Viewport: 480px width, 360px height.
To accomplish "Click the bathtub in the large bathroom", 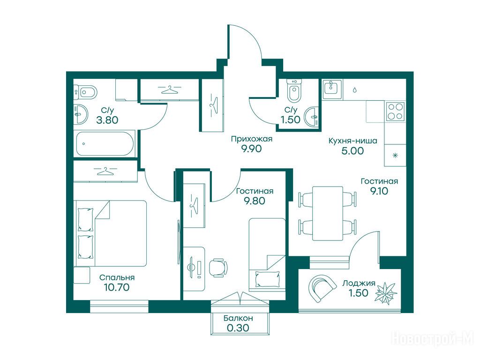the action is pyautogui.click(x=105, y=143).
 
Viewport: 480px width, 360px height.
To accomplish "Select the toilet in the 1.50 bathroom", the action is pyautogui.click(x=294, y=90).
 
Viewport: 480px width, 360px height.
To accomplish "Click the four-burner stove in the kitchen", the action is pyautogui.click(x=395, y=112).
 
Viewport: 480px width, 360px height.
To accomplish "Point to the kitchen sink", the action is pyautogui.click(x=332, y=89).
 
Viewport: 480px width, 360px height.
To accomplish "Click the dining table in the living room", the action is pyautogui.click(x=328, y=213).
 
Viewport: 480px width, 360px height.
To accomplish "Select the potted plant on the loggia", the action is pyautogui.click(x=386, y=293).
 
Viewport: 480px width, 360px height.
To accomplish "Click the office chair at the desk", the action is pyautogui.click(x=218, y=268).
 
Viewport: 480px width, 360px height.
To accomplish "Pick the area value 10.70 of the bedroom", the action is pyautogui.click(x=117, y=287).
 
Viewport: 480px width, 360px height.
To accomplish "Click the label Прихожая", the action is pyautogui.click(x=251, y=139).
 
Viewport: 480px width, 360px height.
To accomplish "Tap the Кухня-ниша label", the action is pyautogui.click(x=352, y=141).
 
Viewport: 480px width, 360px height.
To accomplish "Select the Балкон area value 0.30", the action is pyautogui.click(x=238, y=328).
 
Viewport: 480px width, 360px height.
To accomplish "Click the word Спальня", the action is pyautogui.click(x=117, y=277).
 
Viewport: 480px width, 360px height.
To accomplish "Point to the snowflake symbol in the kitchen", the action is pyautogui.click(x=395, y=155).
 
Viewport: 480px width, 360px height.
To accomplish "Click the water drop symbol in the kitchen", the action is pyautogui.click(x=354, y=90).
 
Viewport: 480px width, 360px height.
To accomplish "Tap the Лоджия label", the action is pyautogui.click(x=359, y=283).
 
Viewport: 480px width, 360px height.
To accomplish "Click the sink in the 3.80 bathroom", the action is pyautogui.click(x=81, y=114).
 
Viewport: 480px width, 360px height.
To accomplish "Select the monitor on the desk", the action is pyautogui.click(x=192, y=267).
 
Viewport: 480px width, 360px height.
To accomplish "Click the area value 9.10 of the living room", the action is pyautogui.click(x=379, y=191).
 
